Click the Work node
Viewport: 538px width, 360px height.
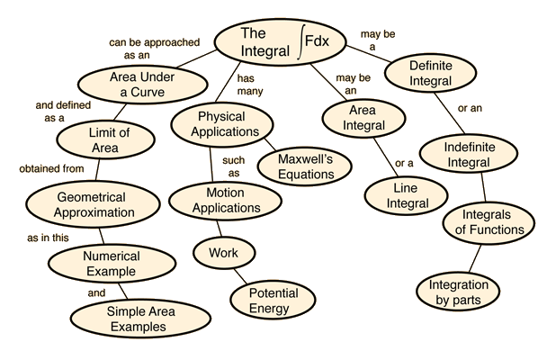tap(224, 253)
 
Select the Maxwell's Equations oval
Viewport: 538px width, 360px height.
tap(305, 166)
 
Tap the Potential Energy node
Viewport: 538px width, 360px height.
tap(273, 301)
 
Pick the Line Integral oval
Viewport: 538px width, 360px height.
tap(407, 195)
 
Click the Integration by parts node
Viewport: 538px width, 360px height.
tap(458, 292)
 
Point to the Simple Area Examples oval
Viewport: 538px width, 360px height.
tap(140, 319)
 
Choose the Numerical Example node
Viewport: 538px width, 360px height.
tap(112, 264)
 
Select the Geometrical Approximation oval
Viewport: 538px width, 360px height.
tap(94, 204)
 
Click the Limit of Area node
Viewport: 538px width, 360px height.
tap(105, 140)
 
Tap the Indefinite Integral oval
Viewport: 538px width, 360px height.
tap(469, 154)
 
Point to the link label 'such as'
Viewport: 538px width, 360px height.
tap(234, 166)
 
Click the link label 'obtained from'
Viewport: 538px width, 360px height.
tap(51, 169)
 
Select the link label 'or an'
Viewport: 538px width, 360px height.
tap(470, 108)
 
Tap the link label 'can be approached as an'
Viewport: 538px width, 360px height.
tap(155, 49)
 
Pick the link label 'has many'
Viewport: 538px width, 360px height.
tap(250, 85)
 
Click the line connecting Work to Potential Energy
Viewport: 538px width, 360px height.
tap(240, 276)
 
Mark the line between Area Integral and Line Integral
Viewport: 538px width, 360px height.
tap(386, 157)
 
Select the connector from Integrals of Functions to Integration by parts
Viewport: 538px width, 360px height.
tap(475, 258)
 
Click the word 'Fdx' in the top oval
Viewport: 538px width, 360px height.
tap(317, 40)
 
